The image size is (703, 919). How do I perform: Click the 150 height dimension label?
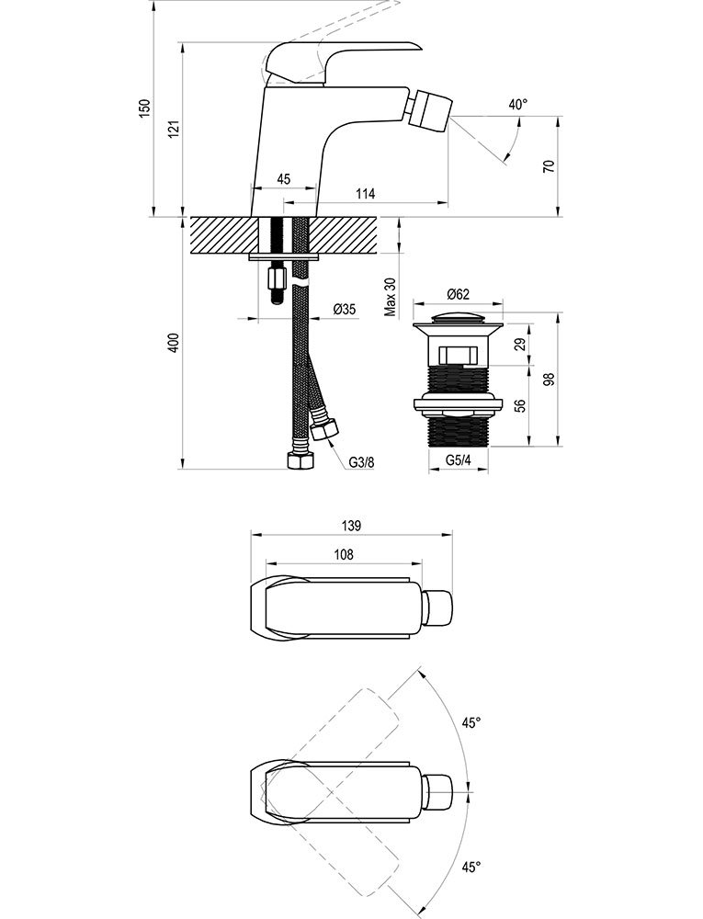click(145, 108)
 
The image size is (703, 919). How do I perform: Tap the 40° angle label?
click(518, 105)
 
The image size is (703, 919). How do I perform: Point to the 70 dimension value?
click(549, 165)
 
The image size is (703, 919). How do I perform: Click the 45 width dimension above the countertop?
click(284, 179)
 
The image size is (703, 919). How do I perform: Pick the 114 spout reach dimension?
click(365, 194)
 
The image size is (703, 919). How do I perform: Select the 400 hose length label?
click(173, 343)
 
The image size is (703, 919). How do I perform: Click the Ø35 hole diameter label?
click(345, 310)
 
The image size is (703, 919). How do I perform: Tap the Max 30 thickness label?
click(391, 297)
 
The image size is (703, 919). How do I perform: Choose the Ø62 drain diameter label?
click(459, 294)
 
